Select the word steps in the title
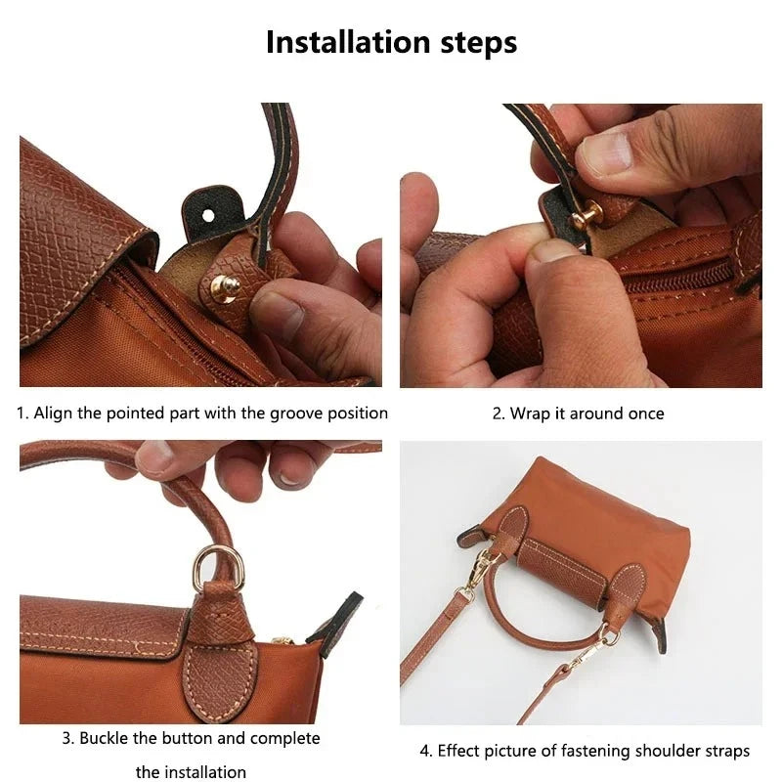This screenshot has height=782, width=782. coord(476,44)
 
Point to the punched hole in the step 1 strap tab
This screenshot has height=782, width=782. coord(208,207)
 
